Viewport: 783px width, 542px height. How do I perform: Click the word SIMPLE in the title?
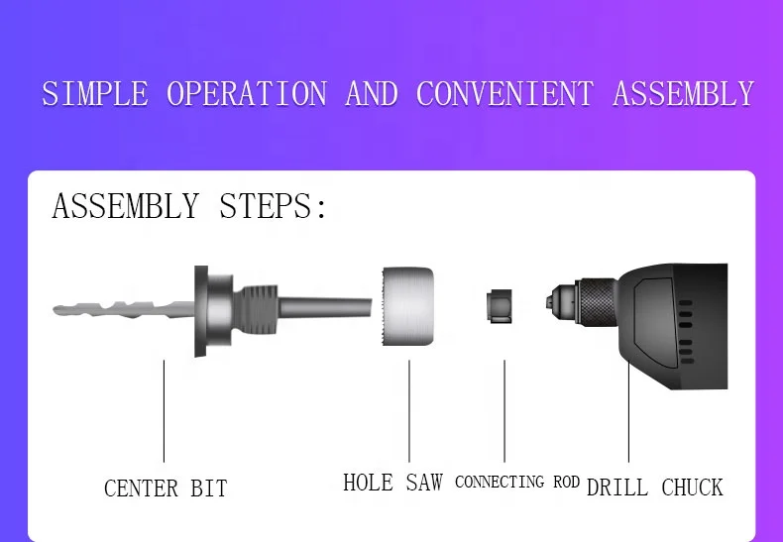(x=94, y=94)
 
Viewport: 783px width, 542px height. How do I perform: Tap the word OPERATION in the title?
(x=246, y=94)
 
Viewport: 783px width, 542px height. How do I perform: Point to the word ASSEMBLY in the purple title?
(x=683, y=94)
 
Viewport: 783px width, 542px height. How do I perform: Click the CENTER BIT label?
(x=166, y=488)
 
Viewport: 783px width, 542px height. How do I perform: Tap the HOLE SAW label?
(x=392, y=483)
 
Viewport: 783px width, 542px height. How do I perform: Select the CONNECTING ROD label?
(x=516, y=483)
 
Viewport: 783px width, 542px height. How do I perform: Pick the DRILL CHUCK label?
(x=654, y=488)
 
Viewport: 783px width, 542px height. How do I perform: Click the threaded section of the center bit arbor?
(x=259, y=309)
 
